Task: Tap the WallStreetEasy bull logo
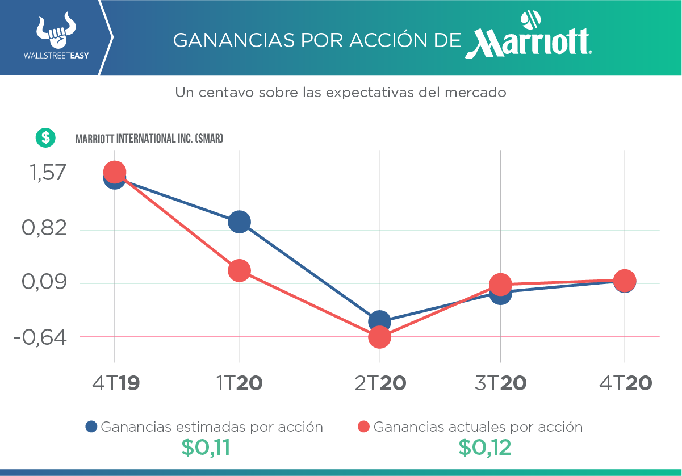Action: click(x=56, y=32)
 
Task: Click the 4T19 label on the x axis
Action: click(x=116, y=383)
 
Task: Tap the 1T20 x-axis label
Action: click(x=240, y=383)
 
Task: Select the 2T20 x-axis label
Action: click(x=380, y=383)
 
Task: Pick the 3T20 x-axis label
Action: click(x=500, y=383)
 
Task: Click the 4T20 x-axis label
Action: click(x=625, y=383)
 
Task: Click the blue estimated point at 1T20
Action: click(x=239, y=222)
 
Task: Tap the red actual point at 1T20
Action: click(x=239, y=270)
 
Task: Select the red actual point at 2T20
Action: click(x=379, y=337)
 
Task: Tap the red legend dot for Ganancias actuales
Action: click(x=364, y=427)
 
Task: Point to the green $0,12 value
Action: click(x=484, y=448)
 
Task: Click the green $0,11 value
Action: click(x=206, y=448)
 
